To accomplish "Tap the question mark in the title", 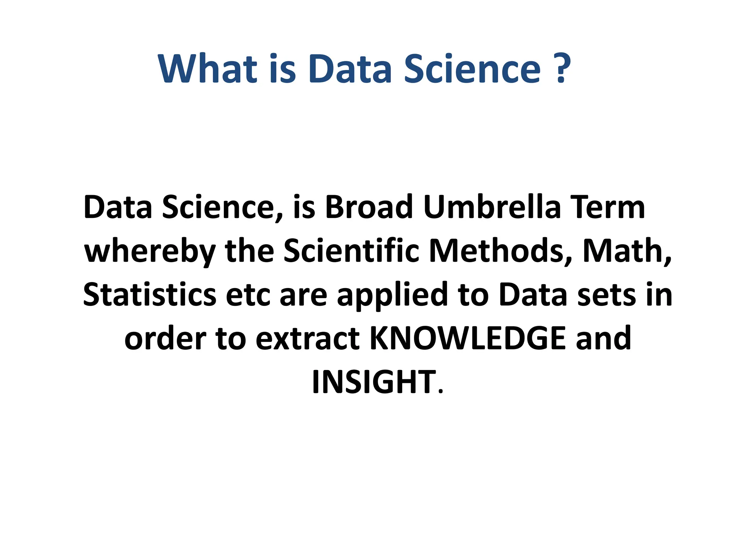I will (x=562, y=68).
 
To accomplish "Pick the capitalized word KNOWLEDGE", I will (x=468, y=338).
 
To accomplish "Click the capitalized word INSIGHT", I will (x=373, y=382).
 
